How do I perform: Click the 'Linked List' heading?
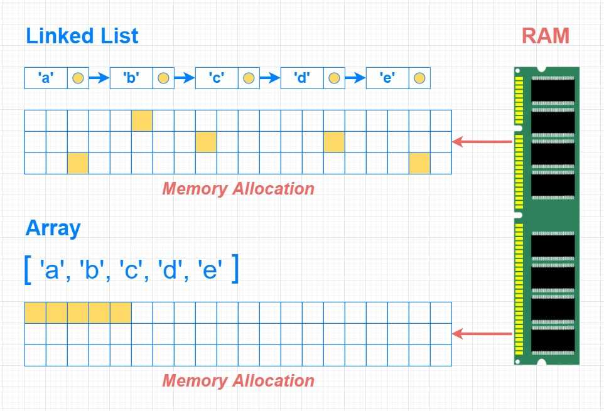coord(82,36)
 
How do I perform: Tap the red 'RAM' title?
coord(545,36)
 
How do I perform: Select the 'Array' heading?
coord(53,228)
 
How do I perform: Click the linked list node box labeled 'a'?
coord(45,78)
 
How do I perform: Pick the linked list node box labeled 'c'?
coord(216,78)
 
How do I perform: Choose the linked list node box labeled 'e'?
coord(387,78)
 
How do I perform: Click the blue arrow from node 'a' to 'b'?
coord(99,78)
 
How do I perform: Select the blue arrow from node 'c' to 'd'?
coord(270,78)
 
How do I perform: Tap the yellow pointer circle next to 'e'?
coord(419,78)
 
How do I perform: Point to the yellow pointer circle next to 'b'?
coord(163,78)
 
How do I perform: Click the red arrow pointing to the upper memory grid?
coord(482,142)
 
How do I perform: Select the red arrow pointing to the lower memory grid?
coord(482,334)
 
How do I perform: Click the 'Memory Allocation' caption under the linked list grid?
coord(238,188)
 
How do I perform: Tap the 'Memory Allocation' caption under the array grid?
coord(238,380)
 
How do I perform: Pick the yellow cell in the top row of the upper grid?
coord(142,120)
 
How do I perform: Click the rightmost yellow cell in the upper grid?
coord(419,163)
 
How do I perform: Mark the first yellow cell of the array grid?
coord(35,312)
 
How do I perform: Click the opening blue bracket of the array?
coord(28,270)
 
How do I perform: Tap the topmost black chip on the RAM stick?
coord(553,90)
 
